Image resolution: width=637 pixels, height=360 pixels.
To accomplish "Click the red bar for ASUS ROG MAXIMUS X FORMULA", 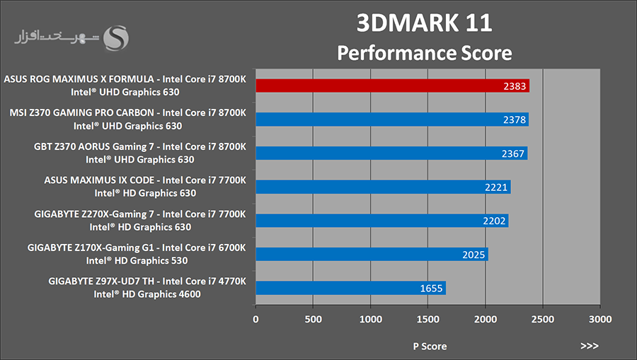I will tap(392, 86).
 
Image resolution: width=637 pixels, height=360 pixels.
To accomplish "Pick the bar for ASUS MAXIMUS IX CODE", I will tap(382, 187).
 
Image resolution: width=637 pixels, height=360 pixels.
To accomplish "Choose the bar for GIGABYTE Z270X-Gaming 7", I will tap(381, 221).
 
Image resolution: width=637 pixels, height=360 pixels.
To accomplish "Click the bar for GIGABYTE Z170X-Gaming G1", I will tap(372, 254).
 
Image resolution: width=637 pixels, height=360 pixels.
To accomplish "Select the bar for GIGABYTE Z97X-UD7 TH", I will tap(350, 288).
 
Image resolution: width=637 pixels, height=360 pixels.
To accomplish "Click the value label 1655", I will tap(432, 289).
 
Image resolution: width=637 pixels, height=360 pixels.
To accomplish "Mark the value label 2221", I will tap(498, 187).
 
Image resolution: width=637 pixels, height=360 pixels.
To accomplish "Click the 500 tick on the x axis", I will tap(313, 319).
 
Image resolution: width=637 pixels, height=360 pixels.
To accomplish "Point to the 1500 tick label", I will tap(427, 319).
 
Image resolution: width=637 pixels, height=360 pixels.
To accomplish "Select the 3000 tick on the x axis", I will tap(599, 319).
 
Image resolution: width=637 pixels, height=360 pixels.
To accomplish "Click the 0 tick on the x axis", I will tap(256, 319).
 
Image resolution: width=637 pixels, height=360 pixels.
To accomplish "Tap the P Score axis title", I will tap(430, 346).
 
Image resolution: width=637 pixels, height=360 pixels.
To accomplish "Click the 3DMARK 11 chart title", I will tap(424, 23).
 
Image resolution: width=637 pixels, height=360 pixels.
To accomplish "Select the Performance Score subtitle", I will tap(424, 52).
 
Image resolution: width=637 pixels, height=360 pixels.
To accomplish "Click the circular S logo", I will tap(115, 39).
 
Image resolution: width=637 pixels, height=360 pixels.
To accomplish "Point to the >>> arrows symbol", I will tap(589, 346).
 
